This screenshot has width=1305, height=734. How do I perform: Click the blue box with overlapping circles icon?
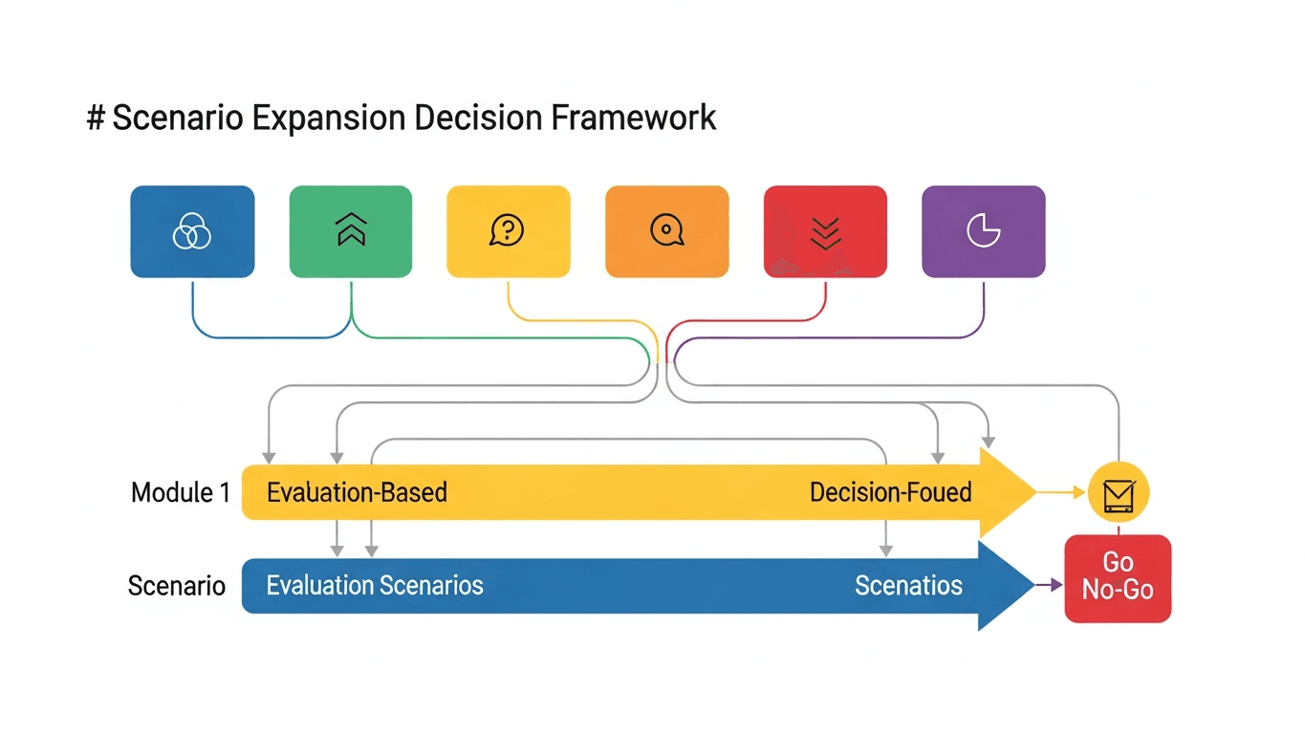(192, 231)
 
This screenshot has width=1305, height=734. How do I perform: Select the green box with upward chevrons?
(351, 231)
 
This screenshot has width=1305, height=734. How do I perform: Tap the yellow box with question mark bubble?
(508, 231)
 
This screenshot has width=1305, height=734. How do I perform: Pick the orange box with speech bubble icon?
(666, 231)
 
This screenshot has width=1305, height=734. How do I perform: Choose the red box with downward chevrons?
(825, 231)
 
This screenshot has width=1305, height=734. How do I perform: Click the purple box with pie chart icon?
(983, 231)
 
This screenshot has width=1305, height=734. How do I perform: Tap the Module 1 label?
(181, 493)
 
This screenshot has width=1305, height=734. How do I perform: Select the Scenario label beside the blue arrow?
(177, 586)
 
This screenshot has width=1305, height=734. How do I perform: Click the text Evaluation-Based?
(357, 493)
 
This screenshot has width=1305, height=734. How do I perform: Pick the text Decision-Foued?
(890, 493)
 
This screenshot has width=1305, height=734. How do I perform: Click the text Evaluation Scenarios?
(375, 586)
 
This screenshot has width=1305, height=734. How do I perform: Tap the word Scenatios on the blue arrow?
(908, 586)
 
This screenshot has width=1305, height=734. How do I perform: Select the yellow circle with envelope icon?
(1119, 494)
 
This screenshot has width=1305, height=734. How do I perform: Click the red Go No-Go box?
(1118, 578)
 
